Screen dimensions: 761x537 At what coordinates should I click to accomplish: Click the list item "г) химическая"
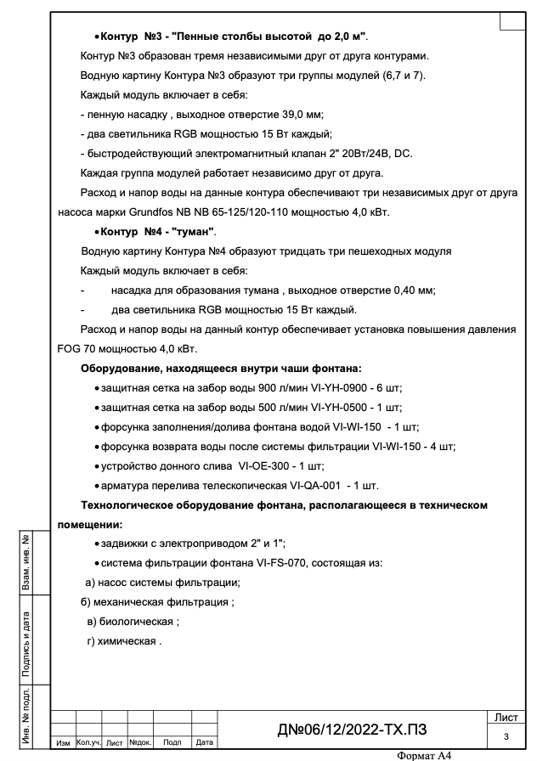click(123, 641)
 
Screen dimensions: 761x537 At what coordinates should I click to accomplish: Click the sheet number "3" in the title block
click(506, 736)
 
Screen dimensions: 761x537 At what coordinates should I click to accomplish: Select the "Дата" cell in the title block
click(204, 743)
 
